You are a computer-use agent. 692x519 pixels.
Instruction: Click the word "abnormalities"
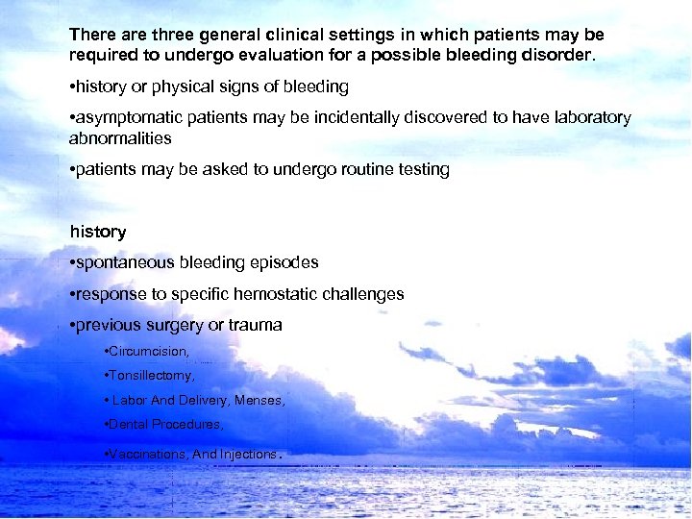(120, 137)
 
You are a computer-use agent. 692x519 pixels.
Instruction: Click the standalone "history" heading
(98, 232)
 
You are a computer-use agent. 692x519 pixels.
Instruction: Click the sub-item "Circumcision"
(148, 352)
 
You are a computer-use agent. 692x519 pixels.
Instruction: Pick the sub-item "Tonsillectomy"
(151, 376)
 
